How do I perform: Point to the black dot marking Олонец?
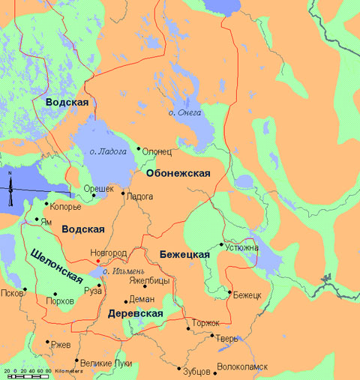pyautogui.click(x=138, y=148)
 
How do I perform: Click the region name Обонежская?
pyautogui.click(x=178, y=173)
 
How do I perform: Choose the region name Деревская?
pyautogui.click(x=136, y=313)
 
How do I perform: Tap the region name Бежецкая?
pyautogui.click(x=184, y=256)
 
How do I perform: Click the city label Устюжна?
pyautogui.click(x=241, y=246)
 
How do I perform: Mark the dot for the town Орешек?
pyautogui.click(x=94, y=196)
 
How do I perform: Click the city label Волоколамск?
pyautogui.click(x=241, y=367)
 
